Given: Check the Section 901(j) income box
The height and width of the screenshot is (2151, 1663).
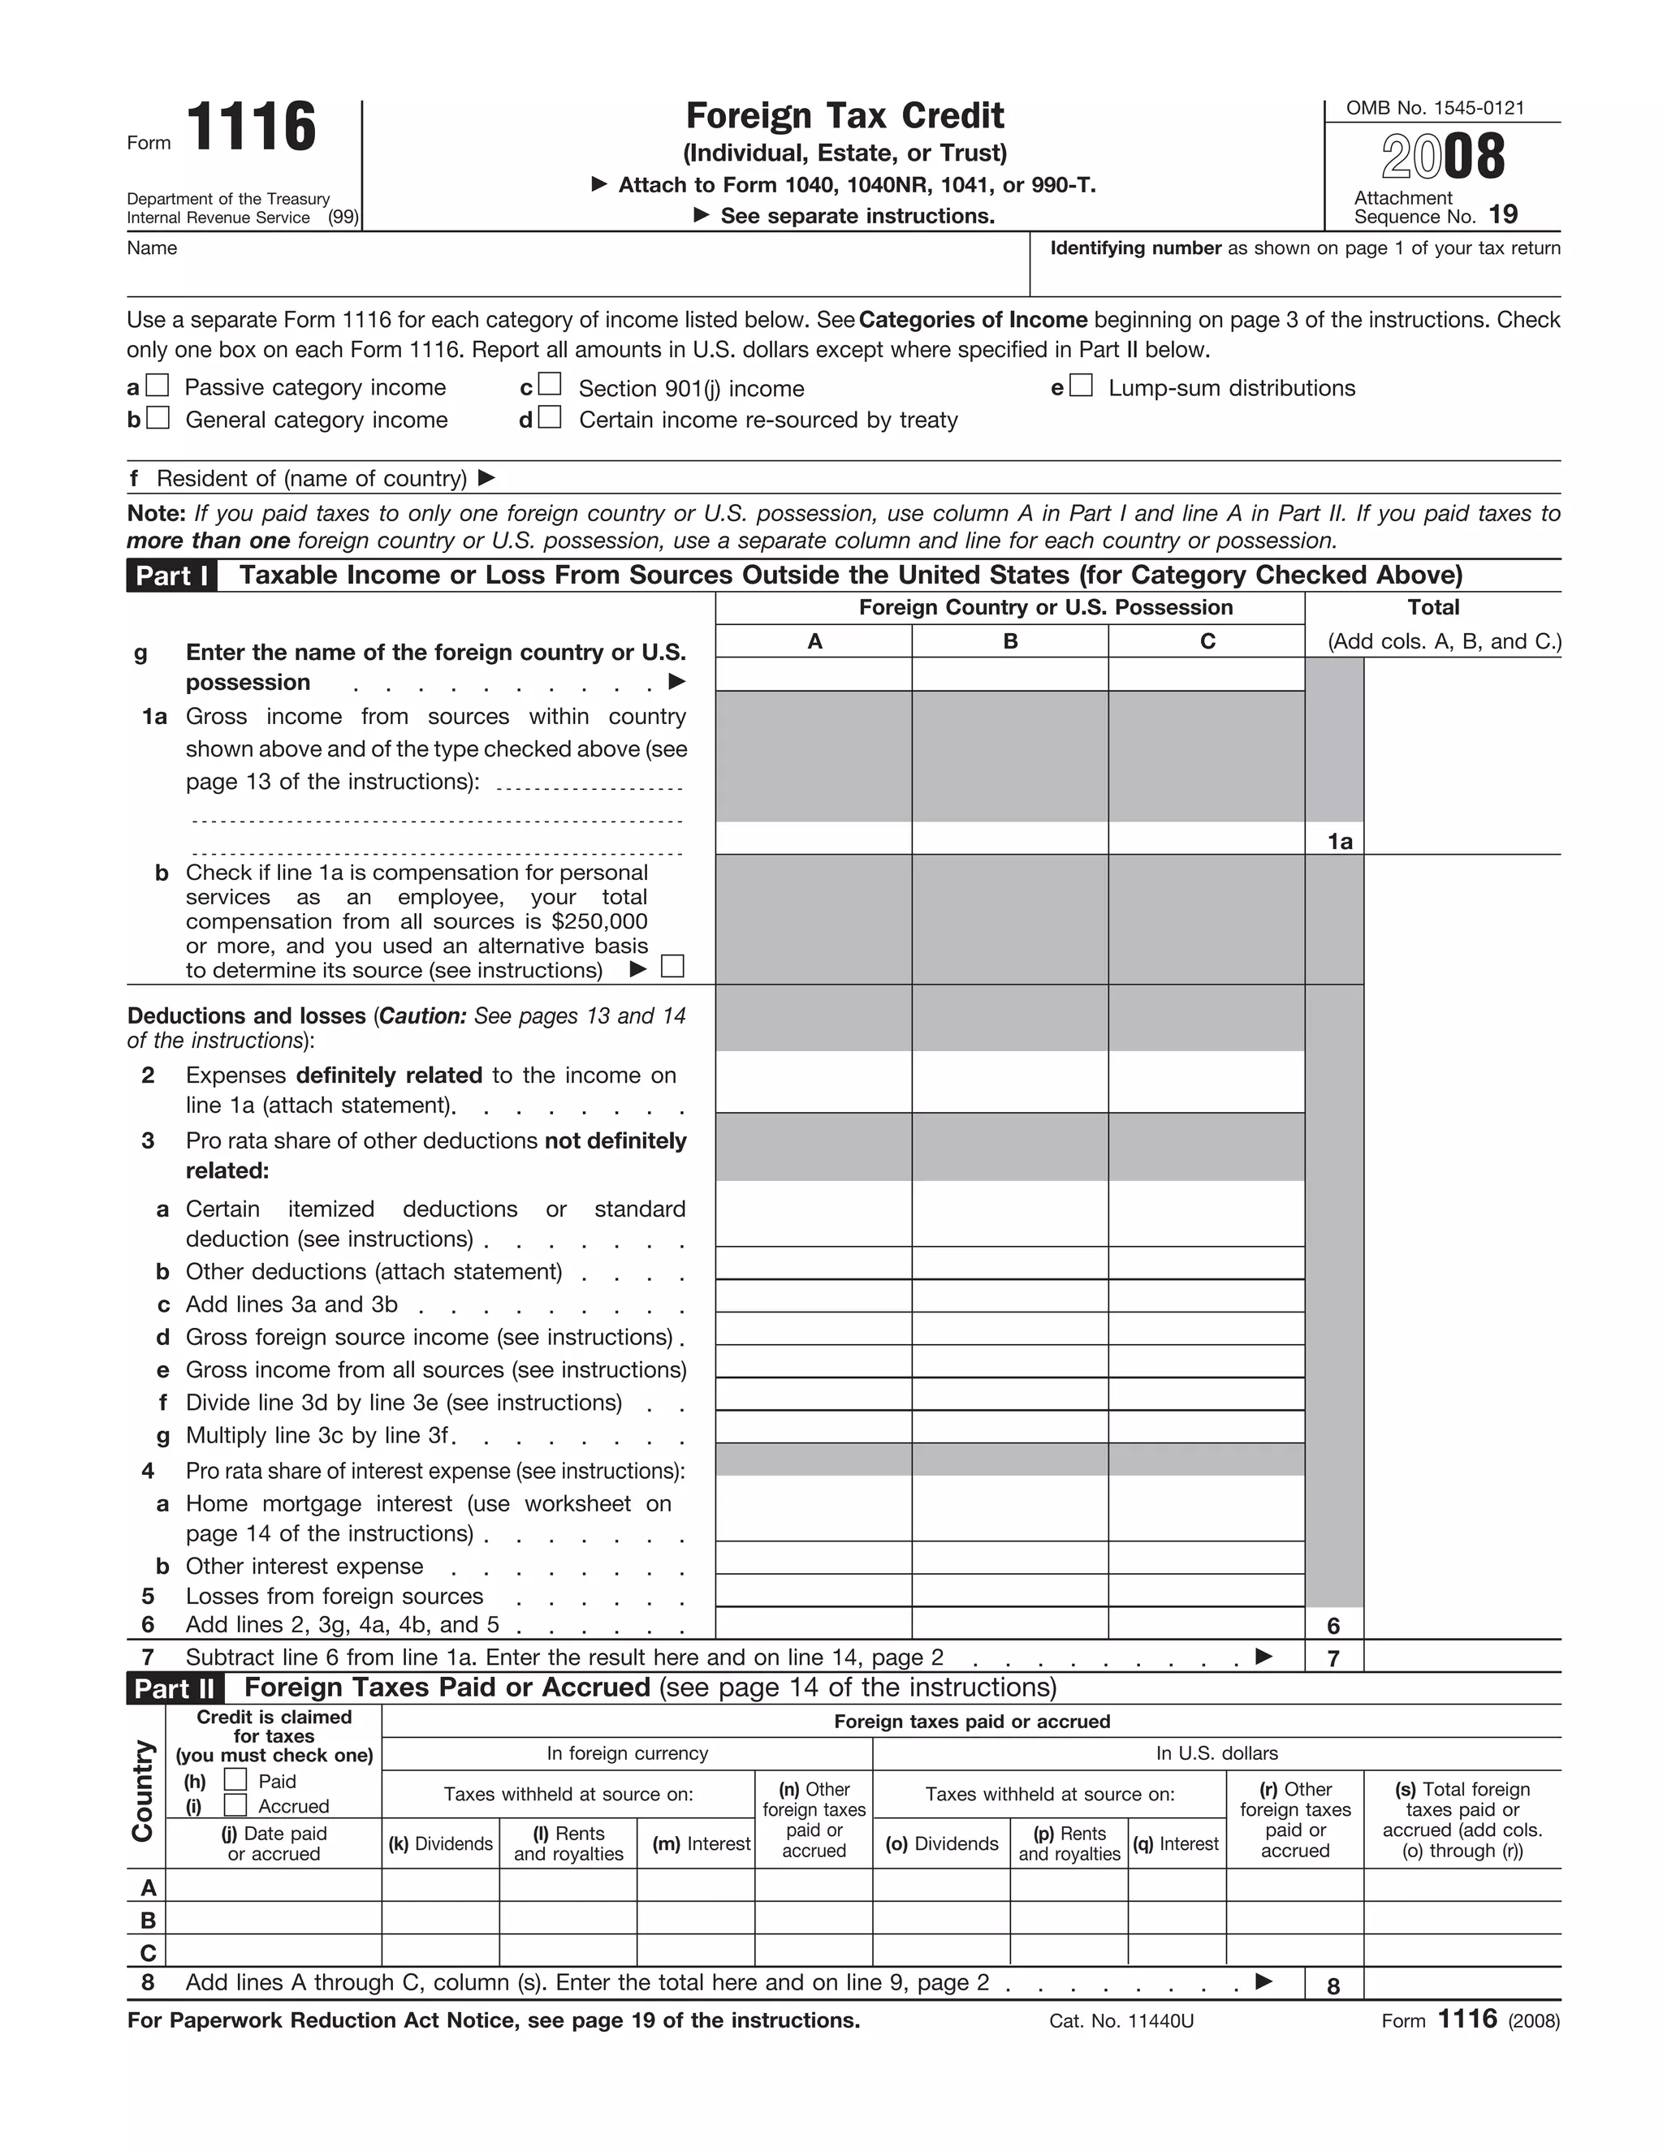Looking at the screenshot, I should coord(550,384).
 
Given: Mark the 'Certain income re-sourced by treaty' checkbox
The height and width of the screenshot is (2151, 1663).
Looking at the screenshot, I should coord(550,417).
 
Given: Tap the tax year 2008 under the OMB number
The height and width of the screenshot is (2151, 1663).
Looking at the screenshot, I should coord(1442,157).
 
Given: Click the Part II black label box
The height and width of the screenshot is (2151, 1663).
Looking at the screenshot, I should coord(175,1689).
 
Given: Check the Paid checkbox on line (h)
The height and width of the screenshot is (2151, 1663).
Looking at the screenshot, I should coord(235,1780).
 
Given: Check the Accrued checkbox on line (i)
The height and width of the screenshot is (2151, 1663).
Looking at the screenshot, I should coord(235,1805).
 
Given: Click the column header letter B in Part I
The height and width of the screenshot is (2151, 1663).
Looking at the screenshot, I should coord(1010,641).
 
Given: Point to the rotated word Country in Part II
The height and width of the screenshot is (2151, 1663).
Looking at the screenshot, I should coord(144,1791).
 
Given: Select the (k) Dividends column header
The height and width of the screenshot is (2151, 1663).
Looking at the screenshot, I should coord(440,1843).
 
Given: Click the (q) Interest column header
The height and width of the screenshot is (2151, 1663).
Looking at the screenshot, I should coord(1177,1843).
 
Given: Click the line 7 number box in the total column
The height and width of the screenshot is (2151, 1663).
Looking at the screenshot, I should coord(1334,1658).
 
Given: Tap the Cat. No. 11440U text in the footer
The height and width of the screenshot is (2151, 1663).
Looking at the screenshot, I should coord(1121,2021).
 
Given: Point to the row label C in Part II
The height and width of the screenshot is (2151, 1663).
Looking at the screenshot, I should coord(148,1953).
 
